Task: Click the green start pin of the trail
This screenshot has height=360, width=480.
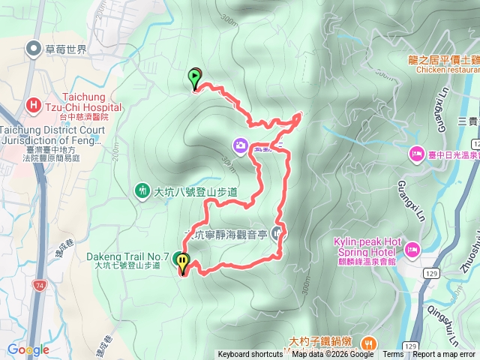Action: (195, 77)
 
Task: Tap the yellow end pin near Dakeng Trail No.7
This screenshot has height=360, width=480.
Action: (182, 262)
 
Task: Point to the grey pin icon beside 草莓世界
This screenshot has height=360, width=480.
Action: (33, 49)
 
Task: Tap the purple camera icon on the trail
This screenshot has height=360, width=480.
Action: (240, 145)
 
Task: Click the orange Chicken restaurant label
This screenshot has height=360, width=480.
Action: (445, 70)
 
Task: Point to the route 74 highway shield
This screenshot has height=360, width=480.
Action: (39, 285)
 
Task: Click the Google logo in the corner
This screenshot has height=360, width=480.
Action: (28, 349)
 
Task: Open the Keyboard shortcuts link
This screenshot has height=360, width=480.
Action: (250, 355)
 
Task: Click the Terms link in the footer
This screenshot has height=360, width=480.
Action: (393, 355)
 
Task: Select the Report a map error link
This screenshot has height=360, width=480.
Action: (445, 355)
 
